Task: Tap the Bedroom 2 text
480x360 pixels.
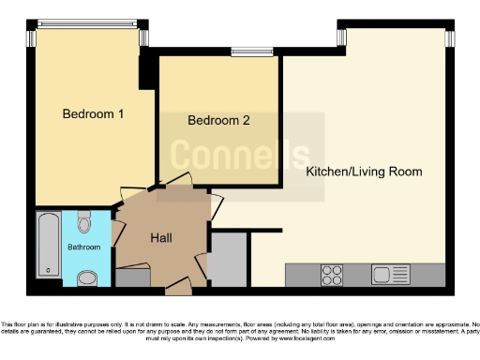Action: [218, 121]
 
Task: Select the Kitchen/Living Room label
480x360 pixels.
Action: [364, 172]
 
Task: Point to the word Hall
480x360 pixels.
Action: [161, 238]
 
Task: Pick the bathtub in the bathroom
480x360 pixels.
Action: [49, 244]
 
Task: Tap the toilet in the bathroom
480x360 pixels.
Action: [85, 222]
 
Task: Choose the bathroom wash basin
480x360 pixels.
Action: [86, 277]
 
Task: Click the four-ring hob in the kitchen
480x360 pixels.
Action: [332, 274]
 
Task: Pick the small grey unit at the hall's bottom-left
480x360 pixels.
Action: [132, 277]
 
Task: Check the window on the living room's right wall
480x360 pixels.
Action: [450, 37]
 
